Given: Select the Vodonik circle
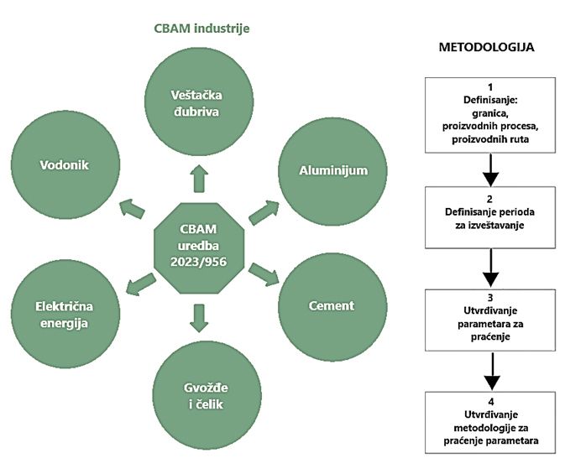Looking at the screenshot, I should pyautogui.click(x=64, y=164).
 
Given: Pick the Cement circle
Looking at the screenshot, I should pyautogui.click(x=331, y=305).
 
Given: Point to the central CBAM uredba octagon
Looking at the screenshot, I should pyautogui.click(x=197, y=242).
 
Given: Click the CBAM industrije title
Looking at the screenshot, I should pyautogui.click(x=201, y=28).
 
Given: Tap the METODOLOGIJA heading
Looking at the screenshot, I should pyautogui.click(x=486, y=48).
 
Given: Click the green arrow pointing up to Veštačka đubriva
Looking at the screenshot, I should pyautogui.click(x=197, y=179).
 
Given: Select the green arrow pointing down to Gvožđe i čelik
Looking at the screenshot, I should pyautogui.click(x=198, y=316).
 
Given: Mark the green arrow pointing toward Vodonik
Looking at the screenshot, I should pyautogui.click(x=132, y=207).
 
